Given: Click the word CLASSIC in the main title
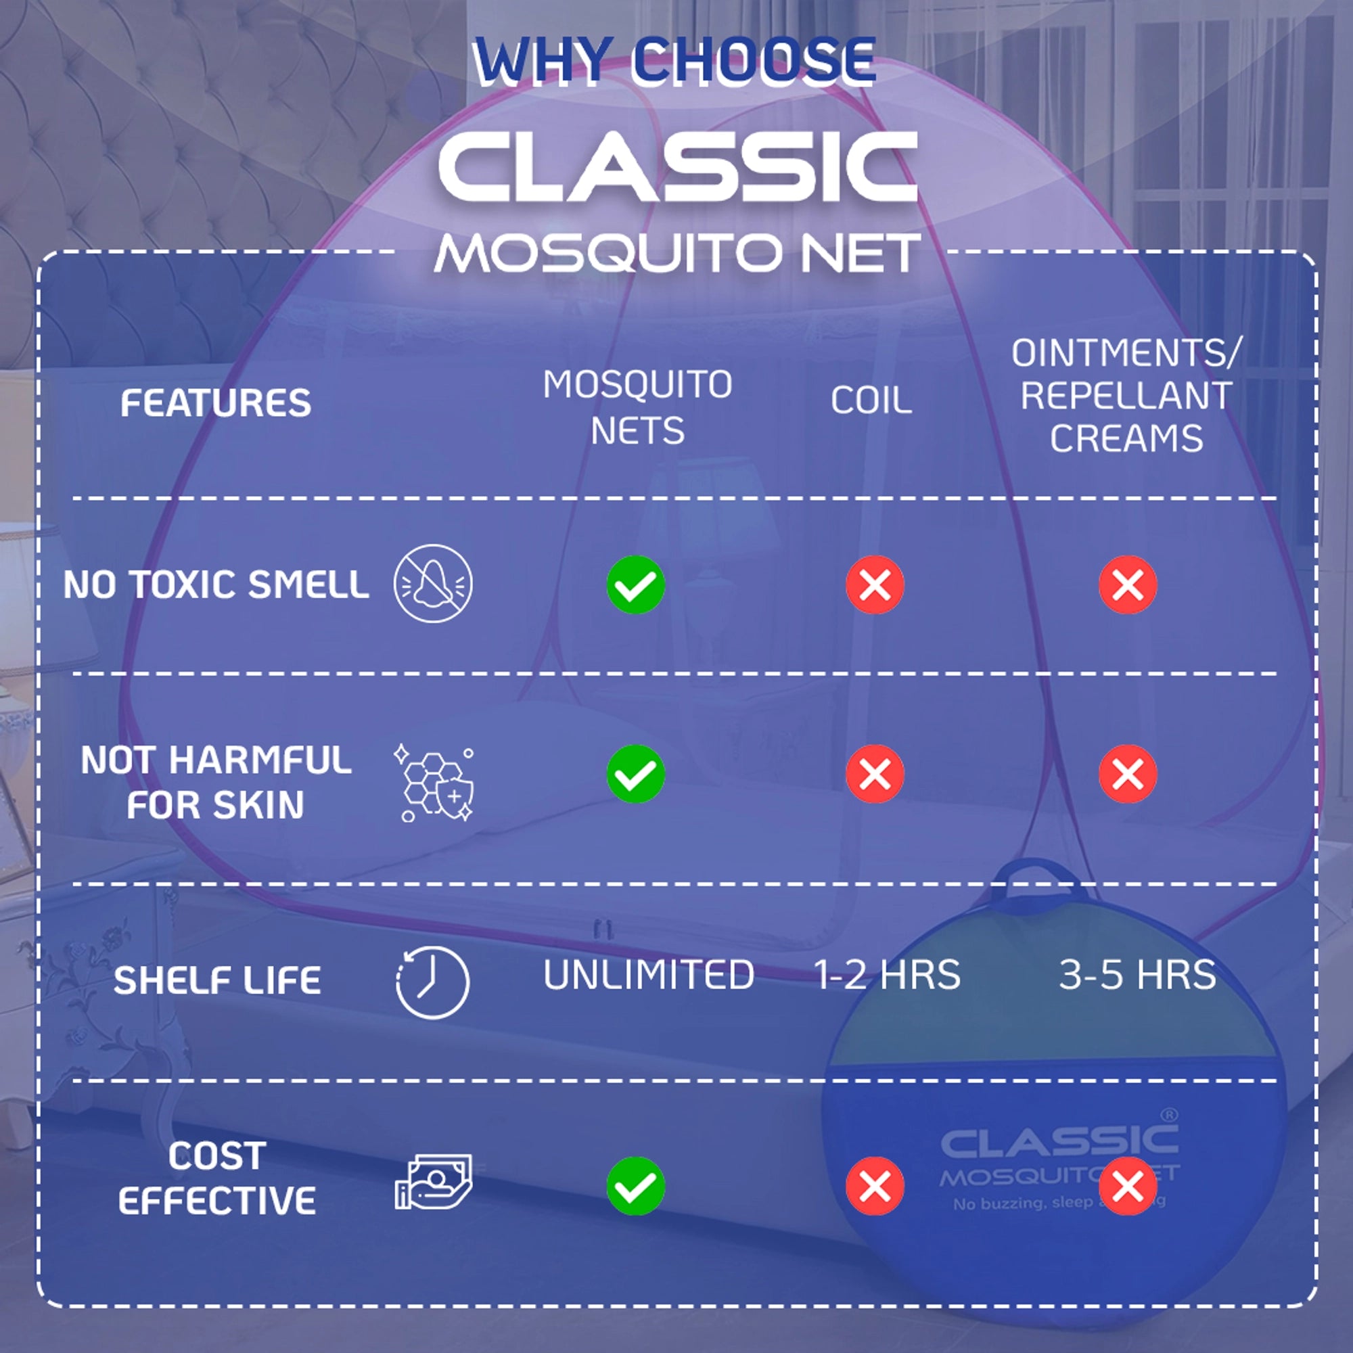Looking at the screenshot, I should tap(676, 168).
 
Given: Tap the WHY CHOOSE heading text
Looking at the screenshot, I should tap(674, 62).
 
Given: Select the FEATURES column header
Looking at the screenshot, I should tap(216, 403).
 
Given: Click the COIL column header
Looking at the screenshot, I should tap(871, 400).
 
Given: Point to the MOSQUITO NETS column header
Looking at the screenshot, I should tap(637, 407).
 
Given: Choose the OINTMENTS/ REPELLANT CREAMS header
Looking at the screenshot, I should tap(1126, 396).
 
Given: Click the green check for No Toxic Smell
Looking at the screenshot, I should tap(636, 584).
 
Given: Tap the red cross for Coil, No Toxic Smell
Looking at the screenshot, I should tap(875, 584).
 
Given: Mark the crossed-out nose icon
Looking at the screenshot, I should tap(433, 583).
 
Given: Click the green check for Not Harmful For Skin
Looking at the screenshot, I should tap(636, 774).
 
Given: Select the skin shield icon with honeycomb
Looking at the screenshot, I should tap(434, 782).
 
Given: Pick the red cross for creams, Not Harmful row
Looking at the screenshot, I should tap(1128, 774).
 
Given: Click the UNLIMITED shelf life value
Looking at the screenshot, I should tap(649, 975).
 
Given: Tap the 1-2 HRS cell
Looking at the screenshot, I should tap(887, 975).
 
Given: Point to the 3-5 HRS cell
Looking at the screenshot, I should tap(1137, 975).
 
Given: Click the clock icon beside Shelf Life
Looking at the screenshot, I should tap(433, 982).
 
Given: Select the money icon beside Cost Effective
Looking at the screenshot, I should tap(434, 1182).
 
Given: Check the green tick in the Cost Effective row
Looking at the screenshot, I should tap(636, 1186).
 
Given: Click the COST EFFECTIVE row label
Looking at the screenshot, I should tap(217, 1178).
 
